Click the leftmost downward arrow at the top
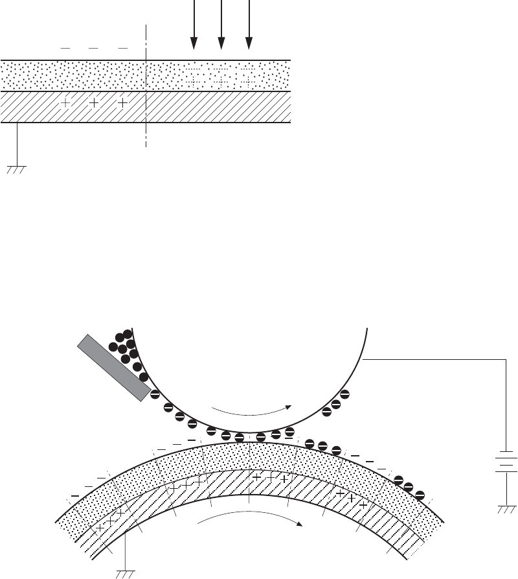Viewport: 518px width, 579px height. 193,26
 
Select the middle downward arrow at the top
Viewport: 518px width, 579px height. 221,26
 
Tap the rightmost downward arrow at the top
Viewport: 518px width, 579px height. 249,26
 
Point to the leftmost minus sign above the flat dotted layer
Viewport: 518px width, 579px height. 65,48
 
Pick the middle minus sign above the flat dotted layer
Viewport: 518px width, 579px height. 93,48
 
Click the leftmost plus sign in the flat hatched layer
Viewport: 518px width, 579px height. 65,102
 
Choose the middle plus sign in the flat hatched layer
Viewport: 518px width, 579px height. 94,102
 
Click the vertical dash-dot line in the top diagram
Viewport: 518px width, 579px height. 147,84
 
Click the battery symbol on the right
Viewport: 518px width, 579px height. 506,462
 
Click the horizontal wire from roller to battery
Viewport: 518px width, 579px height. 434,357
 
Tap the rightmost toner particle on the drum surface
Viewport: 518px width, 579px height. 420,495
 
